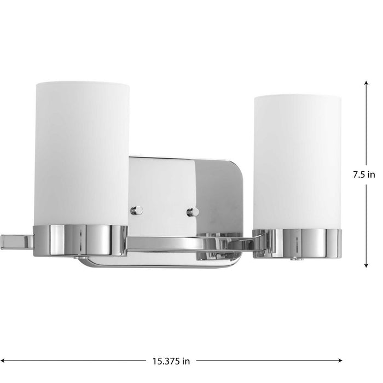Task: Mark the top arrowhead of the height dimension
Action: (x=365, y=82)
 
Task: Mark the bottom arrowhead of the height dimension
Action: (x=365, y=266)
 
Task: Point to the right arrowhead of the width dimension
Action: (x=340, y=361)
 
